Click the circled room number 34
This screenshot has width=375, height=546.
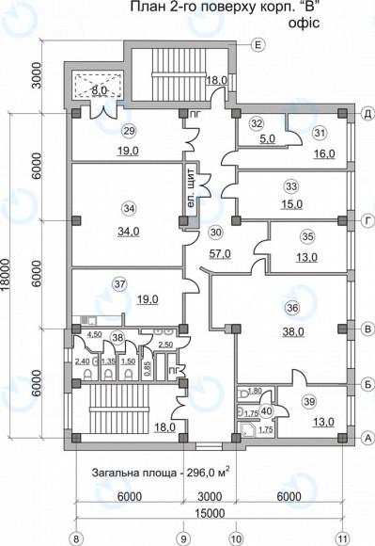[129, 208]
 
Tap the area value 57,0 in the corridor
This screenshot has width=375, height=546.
[220, 254]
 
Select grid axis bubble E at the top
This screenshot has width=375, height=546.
[258, 45]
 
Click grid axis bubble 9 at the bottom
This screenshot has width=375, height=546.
[183, 538]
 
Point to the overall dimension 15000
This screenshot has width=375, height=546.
[210, 513]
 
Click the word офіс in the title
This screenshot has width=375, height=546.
[304, 23]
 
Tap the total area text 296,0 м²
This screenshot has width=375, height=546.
[209, 473]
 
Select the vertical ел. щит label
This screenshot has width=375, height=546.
[191, 188]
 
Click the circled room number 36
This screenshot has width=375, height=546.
[292, 308]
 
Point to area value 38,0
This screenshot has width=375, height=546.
[293, 331]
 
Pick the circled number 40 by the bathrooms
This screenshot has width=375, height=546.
[266, 410]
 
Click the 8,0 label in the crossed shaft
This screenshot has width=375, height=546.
[99, 90]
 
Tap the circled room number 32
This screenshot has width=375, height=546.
[258, 123]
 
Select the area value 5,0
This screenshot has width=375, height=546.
[267, 138]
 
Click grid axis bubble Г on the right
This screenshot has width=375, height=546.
[367, 220]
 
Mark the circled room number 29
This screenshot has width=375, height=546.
[129, 131]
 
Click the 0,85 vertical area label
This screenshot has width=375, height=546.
[148, 367]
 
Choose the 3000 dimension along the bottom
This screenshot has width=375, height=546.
[211, 496]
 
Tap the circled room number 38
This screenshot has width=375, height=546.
[117, 337]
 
